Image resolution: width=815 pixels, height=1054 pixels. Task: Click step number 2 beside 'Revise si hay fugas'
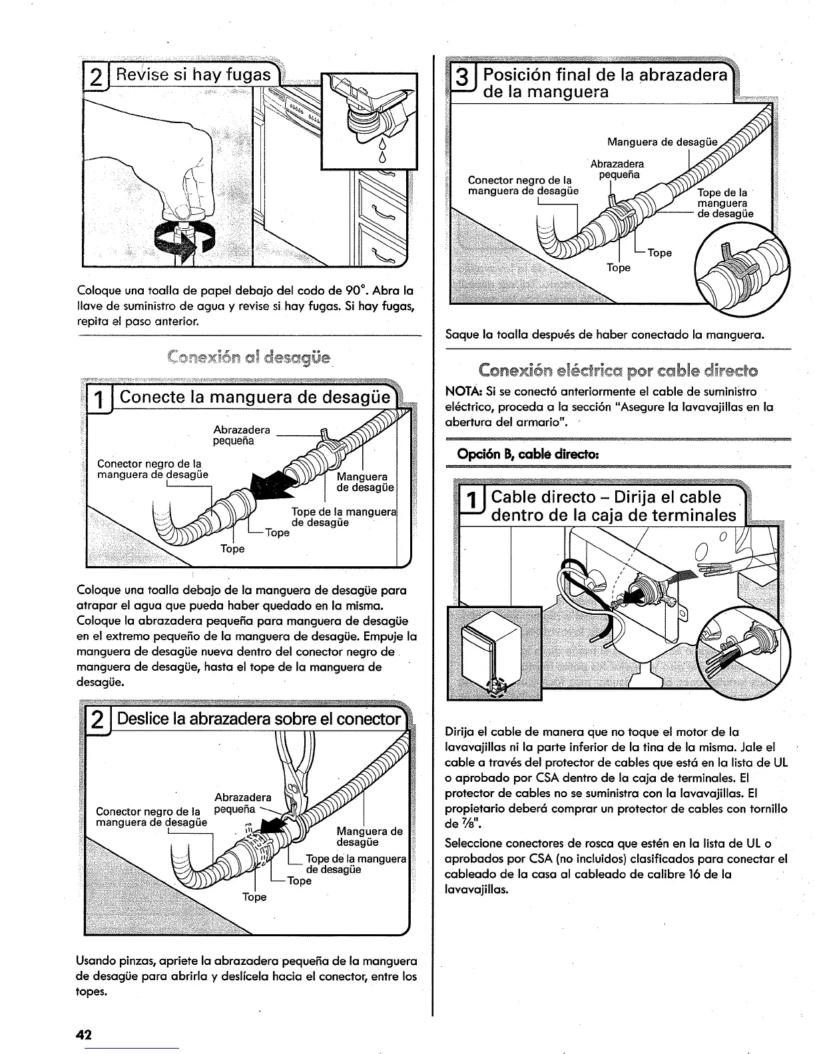tap(96, 75)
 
